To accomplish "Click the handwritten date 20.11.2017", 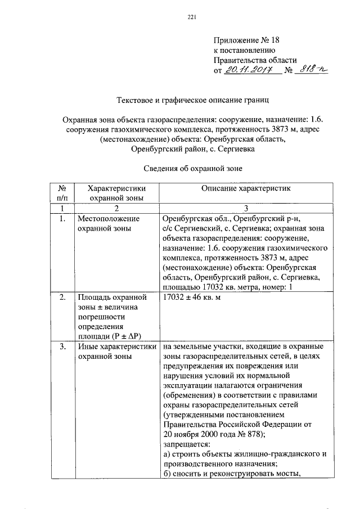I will [x=249, y=70].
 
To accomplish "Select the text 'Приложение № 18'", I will [x=246, y=40].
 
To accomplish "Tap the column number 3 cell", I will [x=244, y=208].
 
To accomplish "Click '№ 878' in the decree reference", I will [x=243, y=435].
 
